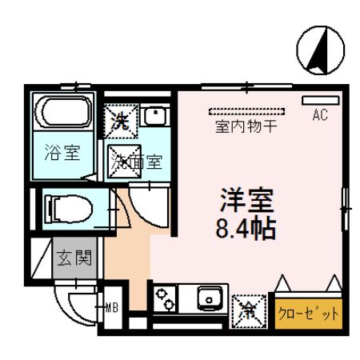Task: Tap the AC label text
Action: pos(318,115)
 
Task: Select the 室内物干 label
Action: pos(246,126)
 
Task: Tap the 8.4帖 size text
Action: pos(244,230)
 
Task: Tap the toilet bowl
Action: pos(69,209)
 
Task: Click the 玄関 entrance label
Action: pos(75,258)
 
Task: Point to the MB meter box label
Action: pos(113,305)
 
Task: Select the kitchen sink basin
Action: pos(211,299)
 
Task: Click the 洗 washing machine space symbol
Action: pos(121,122)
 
